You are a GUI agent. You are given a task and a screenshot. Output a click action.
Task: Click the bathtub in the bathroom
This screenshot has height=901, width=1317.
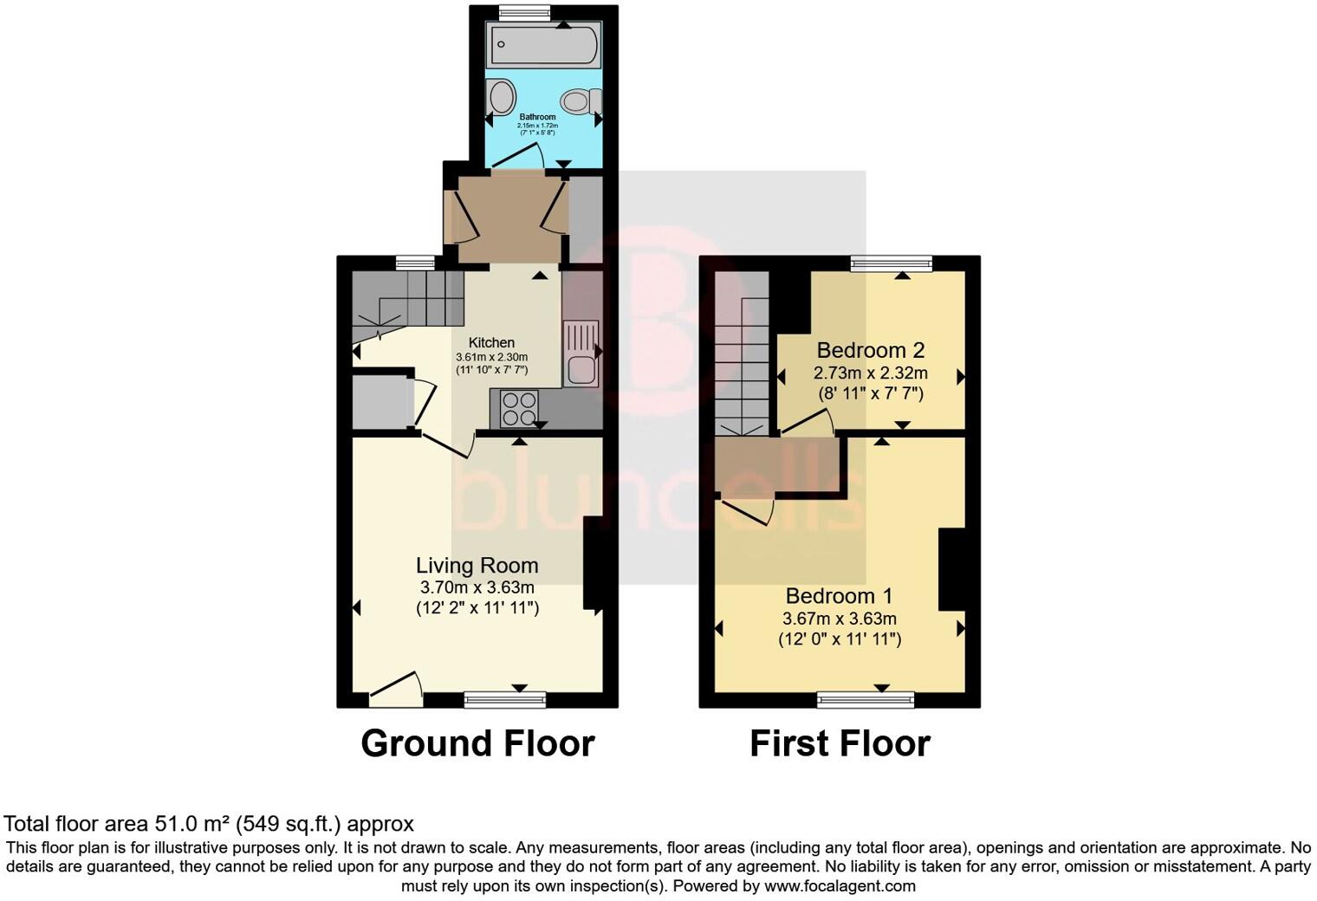[x=543, y=45]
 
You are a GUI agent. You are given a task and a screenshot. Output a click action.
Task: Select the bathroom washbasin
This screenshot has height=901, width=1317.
[x=500, y=96]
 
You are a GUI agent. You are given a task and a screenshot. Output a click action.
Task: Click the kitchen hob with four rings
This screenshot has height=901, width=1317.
[x=519, y=408]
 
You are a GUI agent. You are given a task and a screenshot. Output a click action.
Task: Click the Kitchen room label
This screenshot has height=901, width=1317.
[x=491, y=343]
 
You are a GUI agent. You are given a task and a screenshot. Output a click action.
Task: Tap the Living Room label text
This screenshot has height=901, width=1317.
[x=477, y=566]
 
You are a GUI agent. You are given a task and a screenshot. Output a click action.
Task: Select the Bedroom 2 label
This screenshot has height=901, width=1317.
[x=870, y=351]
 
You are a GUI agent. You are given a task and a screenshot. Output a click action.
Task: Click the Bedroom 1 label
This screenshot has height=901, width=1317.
[x=839, y=596]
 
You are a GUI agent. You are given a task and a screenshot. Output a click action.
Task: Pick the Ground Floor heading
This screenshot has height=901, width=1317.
[x=477, y=743]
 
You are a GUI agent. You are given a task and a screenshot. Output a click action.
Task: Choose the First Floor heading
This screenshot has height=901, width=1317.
[x=840, y=743]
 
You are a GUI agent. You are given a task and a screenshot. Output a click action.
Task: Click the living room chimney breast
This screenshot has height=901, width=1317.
[x=593, y=564]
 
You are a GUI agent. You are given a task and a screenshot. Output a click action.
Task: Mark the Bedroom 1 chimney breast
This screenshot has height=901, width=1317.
[x=951, y=570]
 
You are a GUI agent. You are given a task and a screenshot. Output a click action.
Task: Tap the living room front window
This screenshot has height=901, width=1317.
[x=505, y=699]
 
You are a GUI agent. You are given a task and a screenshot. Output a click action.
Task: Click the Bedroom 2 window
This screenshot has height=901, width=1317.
[x=891, y=263]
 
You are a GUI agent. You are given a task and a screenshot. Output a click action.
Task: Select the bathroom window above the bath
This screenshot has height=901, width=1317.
[x=525, y=12]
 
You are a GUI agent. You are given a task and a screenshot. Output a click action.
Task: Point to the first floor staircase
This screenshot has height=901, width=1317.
[x=743, y=364]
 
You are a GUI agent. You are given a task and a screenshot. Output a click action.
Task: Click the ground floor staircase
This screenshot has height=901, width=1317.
[x=407, y=299]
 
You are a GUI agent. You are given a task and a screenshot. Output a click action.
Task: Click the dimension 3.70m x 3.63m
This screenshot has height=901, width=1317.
[x=477, y=587]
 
